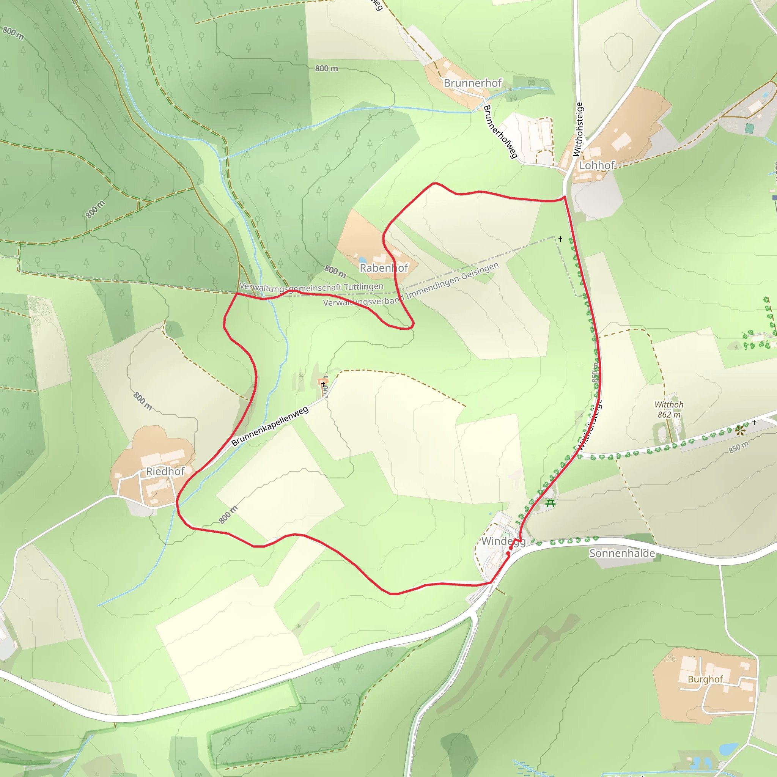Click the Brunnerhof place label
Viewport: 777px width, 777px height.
coord(473,83)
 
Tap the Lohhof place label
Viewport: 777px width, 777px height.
coord(597,165)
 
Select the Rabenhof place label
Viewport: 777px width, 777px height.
coord(384,268)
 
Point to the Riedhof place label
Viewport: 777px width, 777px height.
coord(165,471)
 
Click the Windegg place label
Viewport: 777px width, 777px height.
coord(503,541)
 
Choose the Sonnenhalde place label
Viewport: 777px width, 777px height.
coord(622,554)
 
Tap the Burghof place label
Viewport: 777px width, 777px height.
coord(705,679)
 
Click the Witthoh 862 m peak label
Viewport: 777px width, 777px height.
coord(669,410)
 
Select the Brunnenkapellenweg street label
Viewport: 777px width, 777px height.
coord(270,426)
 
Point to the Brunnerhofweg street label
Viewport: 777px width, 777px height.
coord(500,132)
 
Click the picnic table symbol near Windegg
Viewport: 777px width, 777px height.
coord(551,503)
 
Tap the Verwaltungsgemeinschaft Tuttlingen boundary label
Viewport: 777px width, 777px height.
coord(311,287)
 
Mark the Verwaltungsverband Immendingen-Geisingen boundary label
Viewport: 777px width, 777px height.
coord(411,285)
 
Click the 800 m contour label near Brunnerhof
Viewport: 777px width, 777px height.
coord(326,68)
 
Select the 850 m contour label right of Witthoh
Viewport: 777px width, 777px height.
coord(739,447)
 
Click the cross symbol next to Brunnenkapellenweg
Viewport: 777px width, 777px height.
coord(323,384)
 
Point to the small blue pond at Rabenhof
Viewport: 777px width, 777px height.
coord(363,260)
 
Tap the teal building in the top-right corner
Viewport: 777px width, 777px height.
coord(749,128)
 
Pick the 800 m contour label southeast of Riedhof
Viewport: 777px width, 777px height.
coord(228,515)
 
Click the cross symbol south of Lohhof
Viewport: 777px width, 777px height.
coord(560,239)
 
